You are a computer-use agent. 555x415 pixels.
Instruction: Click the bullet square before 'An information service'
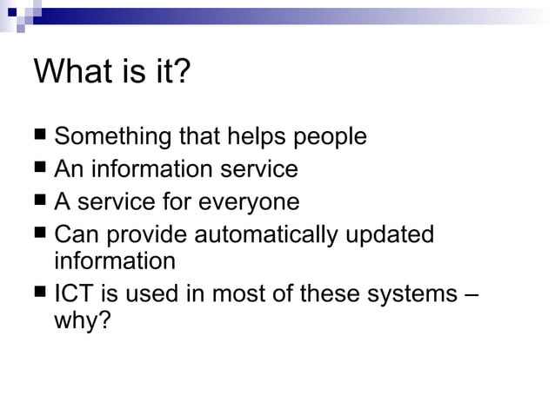[41, 168]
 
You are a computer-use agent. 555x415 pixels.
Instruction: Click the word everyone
[249, 202]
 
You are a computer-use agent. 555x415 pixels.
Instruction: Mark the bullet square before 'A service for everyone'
[41, 201]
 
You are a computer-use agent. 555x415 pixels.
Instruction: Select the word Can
[74, 235]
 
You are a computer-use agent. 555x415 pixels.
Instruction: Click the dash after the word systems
[470, 294]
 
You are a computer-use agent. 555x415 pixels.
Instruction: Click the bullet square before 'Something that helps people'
[41, 136]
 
